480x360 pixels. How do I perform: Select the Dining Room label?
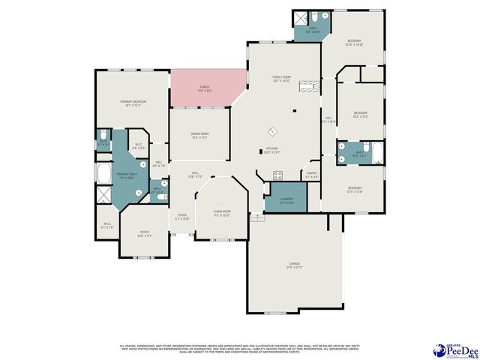pos(199,136)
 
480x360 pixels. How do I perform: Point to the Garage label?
pos(295,265)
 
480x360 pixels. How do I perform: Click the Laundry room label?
pos(276,201)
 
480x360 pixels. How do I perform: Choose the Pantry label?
pos(313,175)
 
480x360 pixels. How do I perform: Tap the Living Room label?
pos(222,213)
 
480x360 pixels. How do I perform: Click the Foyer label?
pos(182,217)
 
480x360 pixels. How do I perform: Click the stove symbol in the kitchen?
pos(277,175)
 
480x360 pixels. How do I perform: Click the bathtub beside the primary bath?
pos(103,173)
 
